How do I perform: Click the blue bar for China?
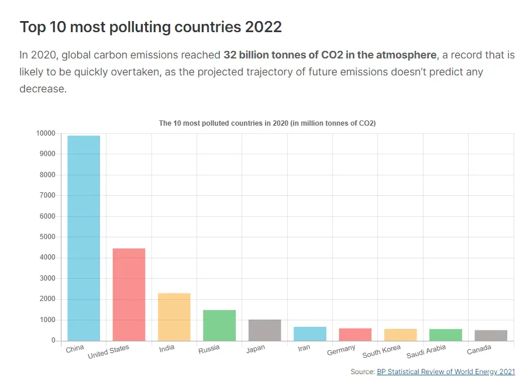click(x=84, y=238)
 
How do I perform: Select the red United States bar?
click(x=129, y=295)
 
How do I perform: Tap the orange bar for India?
click(x=174, y=317)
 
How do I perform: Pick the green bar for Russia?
click(x=219, y=325)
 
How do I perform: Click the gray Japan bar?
click(x=264, y=330)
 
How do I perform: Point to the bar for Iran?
click(x=309, y=334)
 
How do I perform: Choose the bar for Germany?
click(x=355, y=334)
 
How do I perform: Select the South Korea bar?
click(x=400, y=335)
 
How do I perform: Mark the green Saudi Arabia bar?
click(x=445, y=335)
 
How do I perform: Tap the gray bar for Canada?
click(x=491, y=336)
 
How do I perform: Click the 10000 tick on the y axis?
click(x=45, y=133)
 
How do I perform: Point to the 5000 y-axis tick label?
click(x=47, y=237)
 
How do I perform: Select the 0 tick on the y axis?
click(x=53, y=340)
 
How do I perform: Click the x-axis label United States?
click(x=108, y=352)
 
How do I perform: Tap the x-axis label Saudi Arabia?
click(x=426, y=351)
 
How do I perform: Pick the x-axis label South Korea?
click(x=381, y=351)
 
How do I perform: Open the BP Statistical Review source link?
click(x=446, y=372)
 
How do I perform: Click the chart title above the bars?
click(x=267, y=123)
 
